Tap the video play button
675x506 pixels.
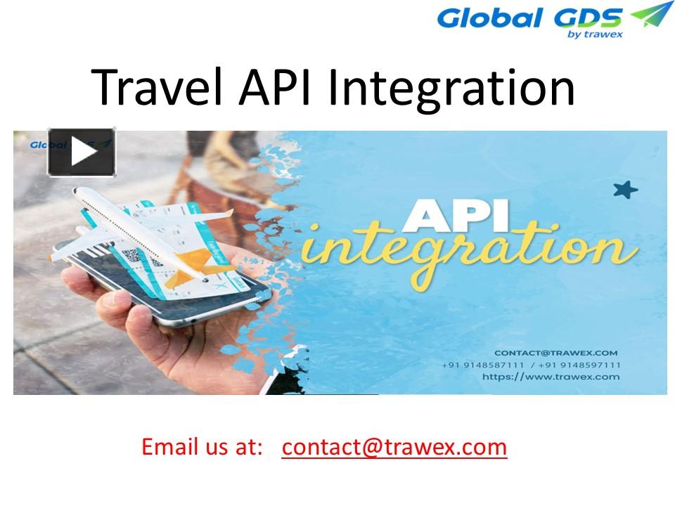[x=82, y=152]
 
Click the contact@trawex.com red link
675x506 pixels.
[x=394, y=447]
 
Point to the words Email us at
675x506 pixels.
[x=202, y=447]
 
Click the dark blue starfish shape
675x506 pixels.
[x=624, y=189]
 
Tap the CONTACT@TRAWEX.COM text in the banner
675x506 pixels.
[x=555, y=353]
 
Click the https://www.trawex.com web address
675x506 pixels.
[x=551, y=377]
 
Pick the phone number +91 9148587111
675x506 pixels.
[x=482, y=365]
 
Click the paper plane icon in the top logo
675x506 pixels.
[x=650, y=14]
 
